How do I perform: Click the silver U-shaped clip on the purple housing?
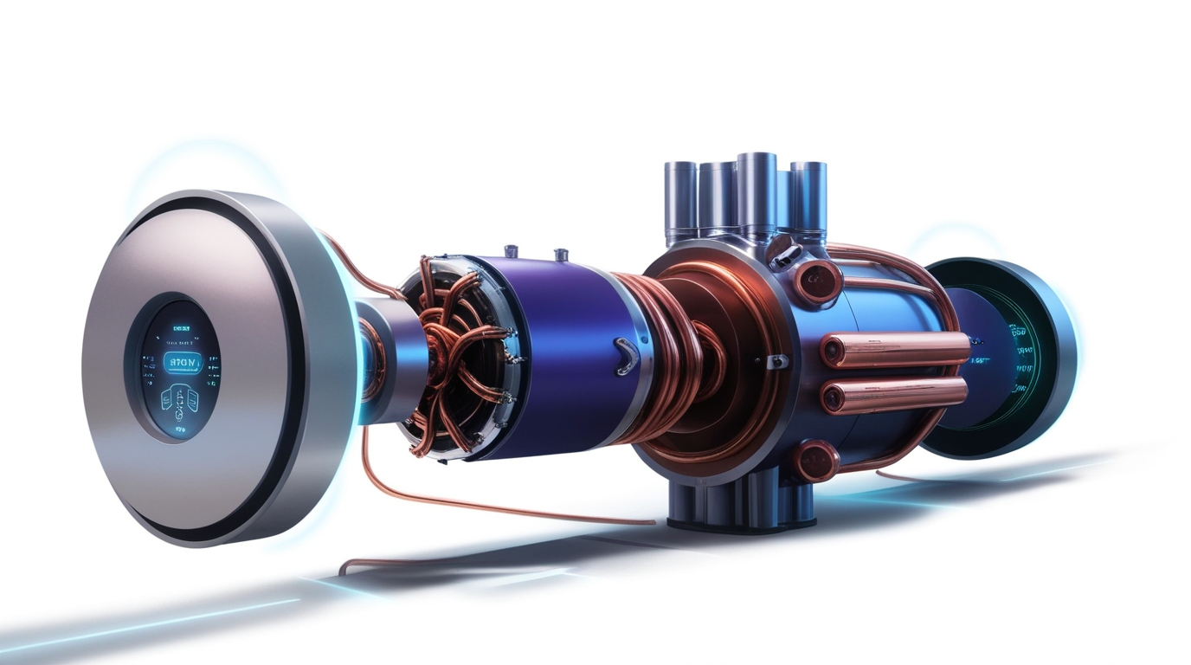click(x=625, y=356)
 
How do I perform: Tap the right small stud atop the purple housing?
click(x=561, y=255)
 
